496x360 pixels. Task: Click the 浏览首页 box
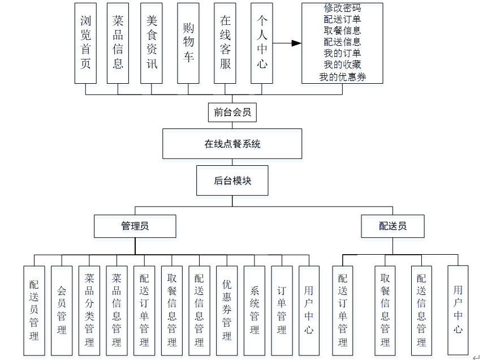tap(86, 43)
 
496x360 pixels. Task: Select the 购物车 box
tap(188, 43)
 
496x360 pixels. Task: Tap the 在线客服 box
tap(225, 43)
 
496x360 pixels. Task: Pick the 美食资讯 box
tap(152, 43)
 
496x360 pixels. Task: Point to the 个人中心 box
tap(262, 43)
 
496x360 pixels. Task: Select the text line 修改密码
tap(342, 8)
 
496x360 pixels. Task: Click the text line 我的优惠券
tap(342, 77)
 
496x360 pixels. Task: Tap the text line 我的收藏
tap(342, 65)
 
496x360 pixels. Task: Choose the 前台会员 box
tap(232, 112)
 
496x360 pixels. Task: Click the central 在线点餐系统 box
tap(232, 144)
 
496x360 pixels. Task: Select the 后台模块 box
tap(232, 181)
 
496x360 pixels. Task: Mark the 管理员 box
tap(135, 226)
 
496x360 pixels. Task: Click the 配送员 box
tap(393, 226)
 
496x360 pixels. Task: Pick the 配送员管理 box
tap(34, 310)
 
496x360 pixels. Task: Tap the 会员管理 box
tap(62, 310)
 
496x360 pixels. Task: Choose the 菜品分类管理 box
tap(89, 310)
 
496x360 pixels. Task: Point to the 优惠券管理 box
tap(227, 310)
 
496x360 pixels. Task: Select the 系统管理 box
tap(255, 310)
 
